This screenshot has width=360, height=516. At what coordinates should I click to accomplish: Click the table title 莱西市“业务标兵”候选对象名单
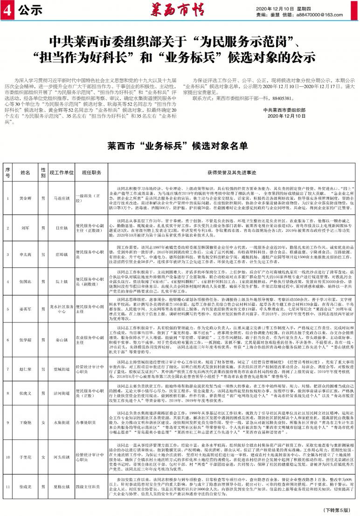click(x=180, y=146)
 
